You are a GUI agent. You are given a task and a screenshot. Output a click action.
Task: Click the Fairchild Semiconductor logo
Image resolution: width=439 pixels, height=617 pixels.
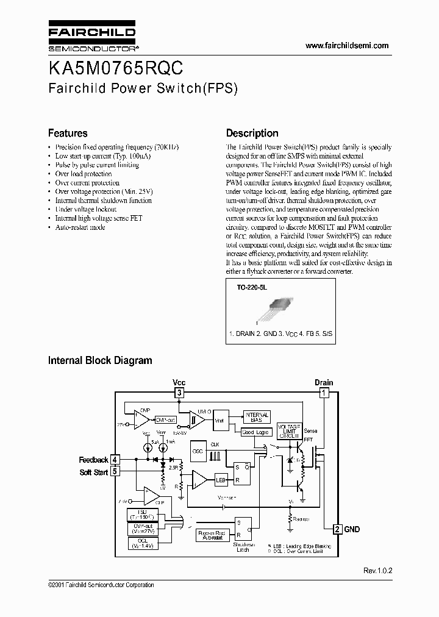point(92,37)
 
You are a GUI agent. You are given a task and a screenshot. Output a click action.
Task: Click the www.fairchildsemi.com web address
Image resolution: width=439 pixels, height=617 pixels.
point(346,46)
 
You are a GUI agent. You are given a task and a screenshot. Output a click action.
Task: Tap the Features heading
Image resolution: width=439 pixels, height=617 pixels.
point(68,133)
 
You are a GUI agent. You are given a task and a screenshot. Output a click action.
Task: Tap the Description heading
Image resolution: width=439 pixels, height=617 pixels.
point(252,133)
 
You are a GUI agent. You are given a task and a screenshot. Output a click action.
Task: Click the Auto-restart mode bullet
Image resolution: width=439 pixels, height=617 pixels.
point(80,227)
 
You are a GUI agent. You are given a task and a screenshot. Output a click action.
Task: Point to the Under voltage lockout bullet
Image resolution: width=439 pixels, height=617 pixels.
point(85,209)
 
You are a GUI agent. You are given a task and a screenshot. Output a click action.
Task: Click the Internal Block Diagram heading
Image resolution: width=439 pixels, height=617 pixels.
point(100,360)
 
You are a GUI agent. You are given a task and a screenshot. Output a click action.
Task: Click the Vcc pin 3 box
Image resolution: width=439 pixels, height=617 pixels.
point(179,393)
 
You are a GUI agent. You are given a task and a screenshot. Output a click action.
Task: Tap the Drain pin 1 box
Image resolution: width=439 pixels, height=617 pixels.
point(324,393)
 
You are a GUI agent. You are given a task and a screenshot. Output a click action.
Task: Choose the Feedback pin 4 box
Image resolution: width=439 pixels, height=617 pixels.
point(115,460)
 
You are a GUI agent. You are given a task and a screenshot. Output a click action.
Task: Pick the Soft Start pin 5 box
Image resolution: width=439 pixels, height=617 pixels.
point(115,471)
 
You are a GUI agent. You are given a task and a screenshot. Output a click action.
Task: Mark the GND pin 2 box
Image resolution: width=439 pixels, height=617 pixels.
point(337,529)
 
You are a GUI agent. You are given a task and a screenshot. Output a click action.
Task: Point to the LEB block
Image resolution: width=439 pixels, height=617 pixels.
point(221,480)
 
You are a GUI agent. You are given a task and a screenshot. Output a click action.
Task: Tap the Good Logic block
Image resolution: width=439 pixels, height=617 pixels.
point(255,432)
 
